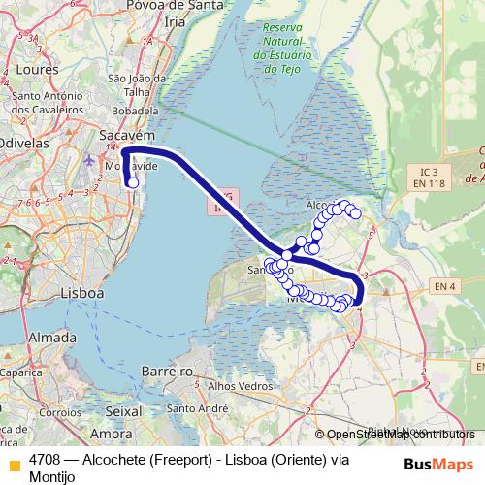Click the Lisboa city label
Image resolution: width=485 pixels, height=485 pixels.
[81, 292]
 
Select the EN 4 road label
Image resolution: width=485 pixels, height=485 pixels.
[444, 286]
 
